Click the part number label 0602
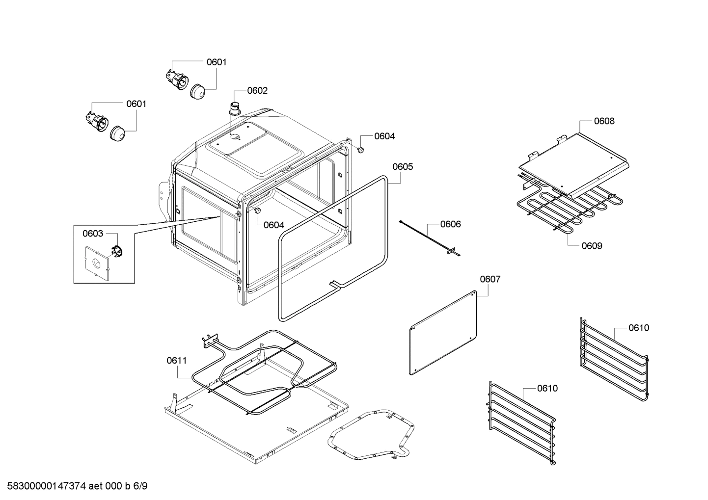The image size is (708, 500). [257, 90]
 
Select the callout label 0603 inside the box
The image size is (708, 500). [93, 234]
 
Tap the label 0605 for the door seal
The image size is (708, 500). [403, 167]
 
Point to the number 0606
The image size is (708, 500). [450, 224]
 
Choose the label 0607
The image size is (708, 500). [490, 279]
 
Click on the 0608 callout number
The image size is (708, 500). [604, 121]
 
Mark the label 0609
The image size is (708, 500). [592, 246]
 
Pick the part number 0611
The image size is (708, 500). [177, 361]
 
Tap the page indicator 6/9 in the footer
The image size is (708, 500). [140, 486]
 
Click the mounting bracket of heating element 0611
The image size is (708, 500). [209, 340]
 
